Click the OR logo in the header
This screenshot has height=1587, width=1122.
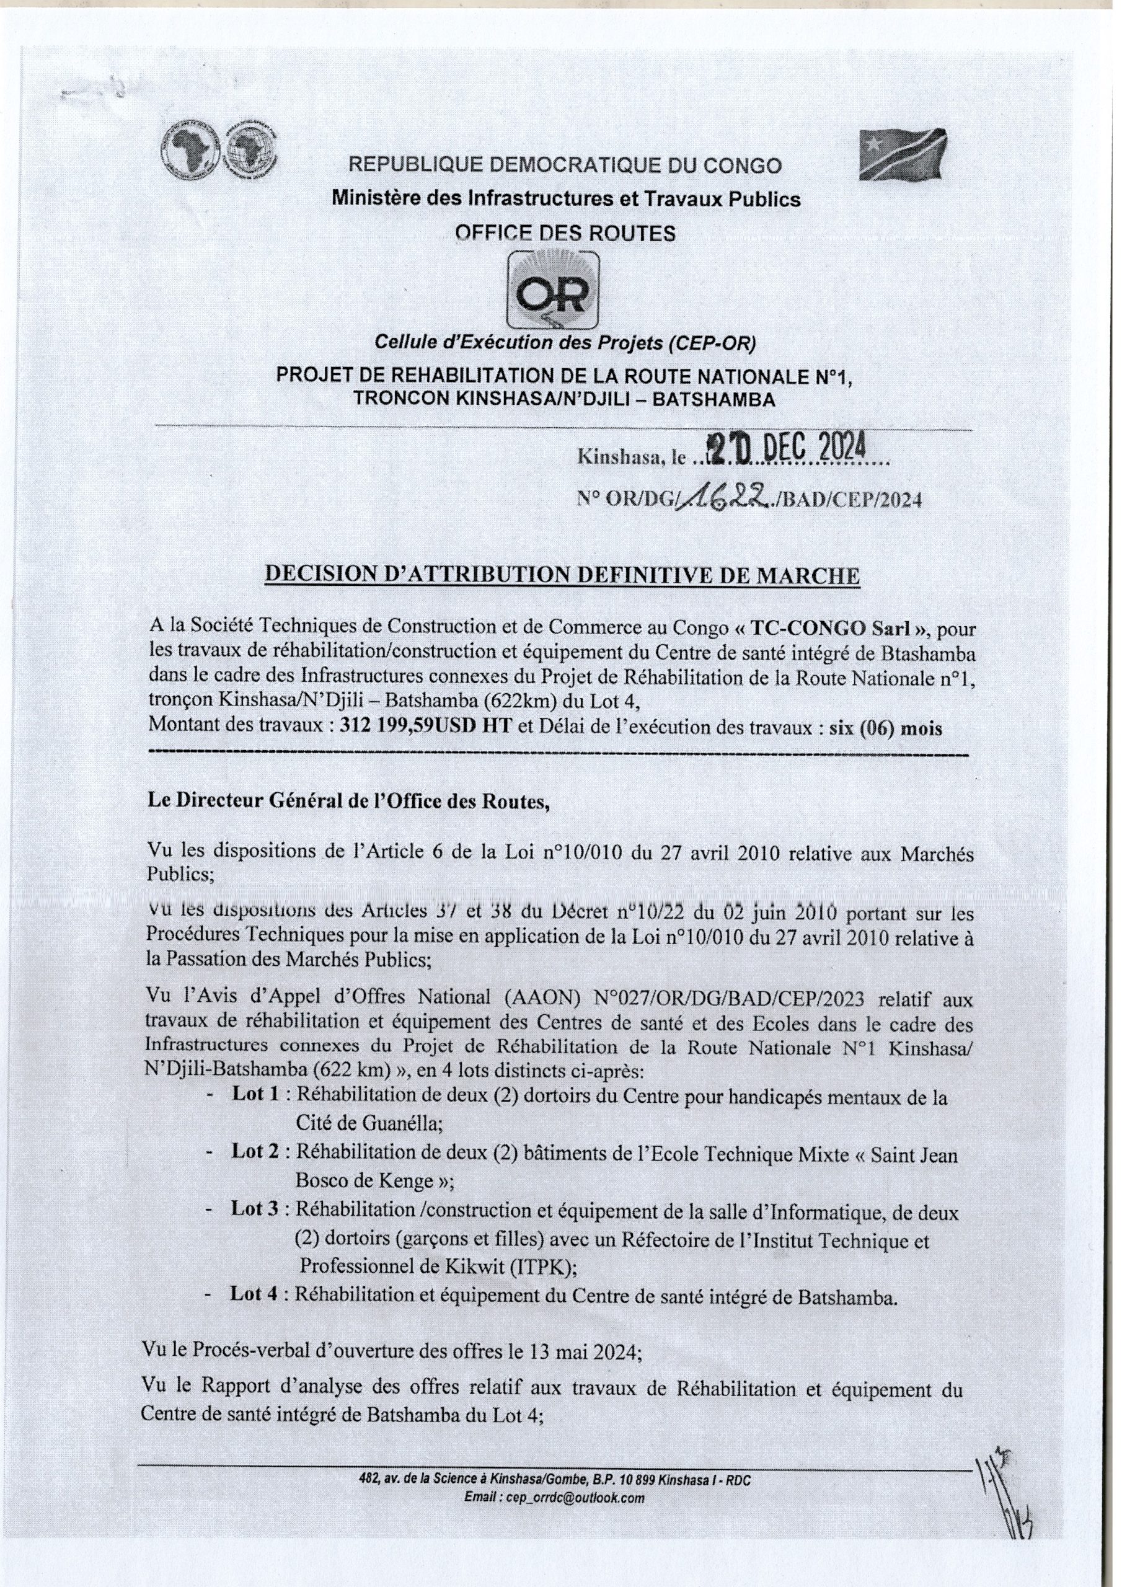click(x=553, y=291)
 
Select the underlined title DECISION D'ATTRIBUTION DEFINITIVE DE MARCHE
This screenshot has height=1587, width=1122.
click(x=563, y=576)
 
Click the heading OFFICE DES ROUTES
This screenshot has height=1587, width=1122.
click(x=565, y=234)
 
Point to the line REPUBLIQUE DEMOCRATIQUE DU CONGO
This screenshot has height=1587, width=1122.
click(x=565, y=166)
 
